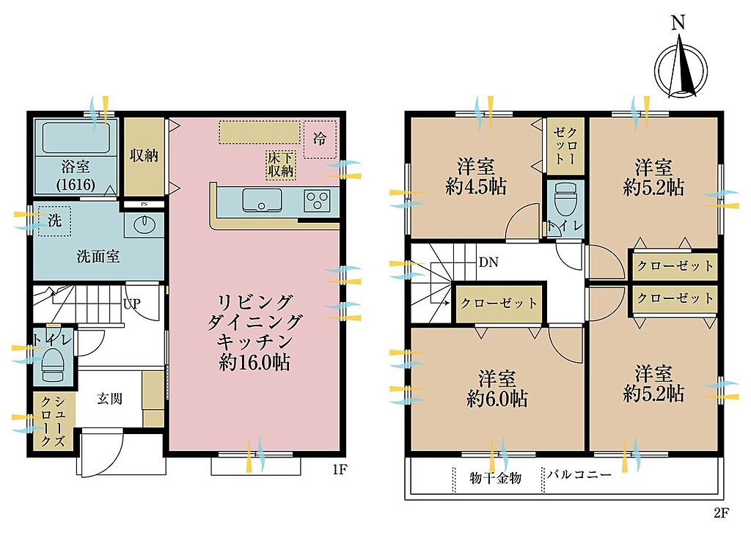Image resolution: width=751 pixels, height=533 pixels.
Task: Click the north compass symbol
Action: coord(681,70)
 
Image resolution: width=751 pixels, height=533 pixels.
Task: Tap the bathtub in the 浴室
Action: coord(76,137)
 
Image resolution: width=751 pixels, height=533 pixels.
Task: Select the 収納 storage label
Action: coord(144,155)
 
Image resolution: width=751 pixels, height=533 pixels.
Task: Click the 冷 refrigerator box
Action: coord(320,139)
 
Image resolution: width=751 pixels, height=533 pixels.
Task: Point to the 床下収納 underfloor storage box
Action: coord(281,165)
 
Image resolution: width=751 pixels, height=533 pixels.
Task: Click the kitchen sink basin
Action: coord(262,200)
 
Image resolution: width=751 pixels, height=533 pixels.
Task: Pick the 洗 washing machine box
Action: coord(54,221)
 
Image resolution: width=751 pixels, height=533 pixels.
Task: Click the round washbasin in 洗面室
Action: coord(143,226)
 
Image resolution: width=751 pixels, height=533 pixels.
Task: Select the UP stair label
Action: coord(131,304)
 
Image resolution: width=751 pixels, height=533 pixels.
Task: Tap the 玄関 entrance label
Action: coord(110,398)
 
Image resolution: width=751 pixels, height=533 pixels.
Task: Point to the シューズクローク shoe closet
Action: coord(53,421)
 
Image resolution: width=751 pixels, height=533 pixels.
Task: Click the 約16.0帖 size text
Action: coord(254,362)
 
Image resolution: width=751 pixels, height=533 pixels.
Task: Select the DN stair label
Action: coord(488,262)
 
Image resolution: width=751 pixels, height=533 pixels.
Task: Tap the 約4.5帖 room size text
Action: coord(475,186)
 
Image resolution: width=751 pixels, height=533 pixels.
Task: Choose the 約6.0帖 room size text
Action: coord(497,398)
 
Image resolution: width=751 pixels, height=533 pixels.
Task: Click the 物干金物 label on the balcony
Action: coord(495,477)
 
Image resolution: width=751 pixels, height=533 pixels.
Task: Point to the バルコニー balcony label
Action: coord(579,474)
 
